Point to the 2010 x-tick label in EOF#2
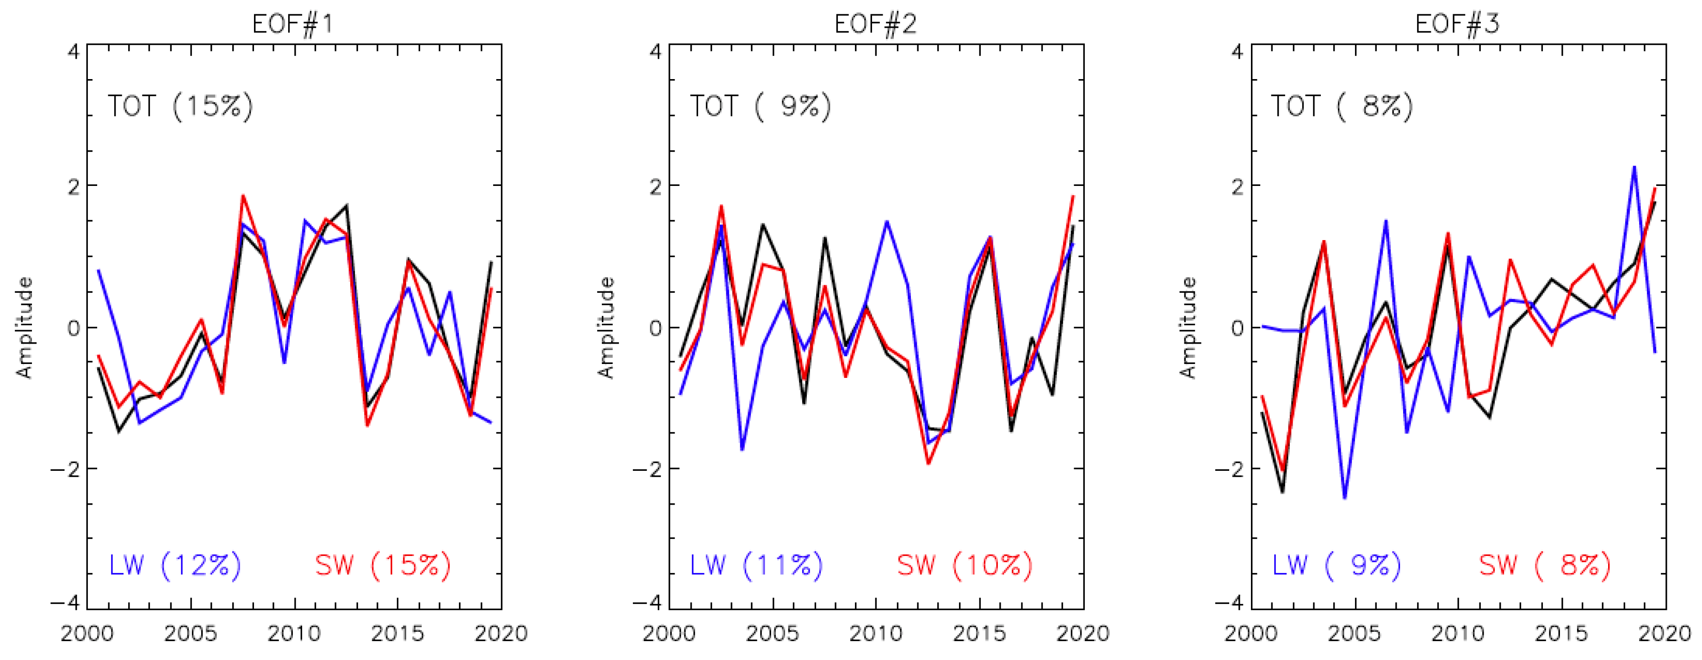click(875, 634)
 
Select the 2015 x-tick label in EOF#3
click(1560, 634)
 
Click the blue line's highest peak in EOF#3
click(1634, 167)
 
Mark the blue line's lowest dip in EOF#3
click(1344, 498)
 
